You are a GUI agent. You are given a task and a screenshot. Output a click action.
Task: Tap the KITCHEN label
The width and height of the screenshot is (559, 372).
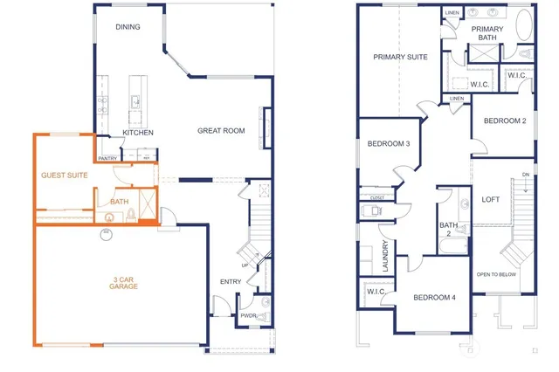tap(138, 132)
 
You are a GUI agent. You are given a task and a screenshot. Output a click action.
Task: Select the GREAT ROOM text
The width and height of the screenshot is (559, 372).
tap(220, 131)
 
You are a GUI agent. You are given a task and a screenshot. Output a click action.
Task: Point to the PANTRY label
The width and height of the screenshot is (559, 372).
tap(107, 158)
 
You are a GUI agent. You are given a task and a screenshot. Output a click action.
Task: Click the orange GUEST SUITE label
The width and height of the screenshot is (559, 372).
tap(64, 176)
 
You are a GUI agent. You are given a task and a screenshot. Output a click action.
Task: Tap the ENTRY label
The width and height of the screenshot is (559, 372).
tap(231, 281)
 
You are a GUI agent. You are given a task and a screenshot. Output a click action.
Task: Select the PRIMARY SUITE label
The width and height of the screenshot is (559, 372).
tap(400, 57)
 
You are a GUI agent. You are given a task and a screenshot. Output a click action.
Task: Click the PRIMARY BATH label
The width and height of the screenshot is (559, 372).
tap(487, 33)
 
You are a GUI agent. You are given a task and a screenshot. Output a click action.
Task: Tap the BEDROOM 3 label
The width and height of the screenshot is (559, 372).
tap(389, 143)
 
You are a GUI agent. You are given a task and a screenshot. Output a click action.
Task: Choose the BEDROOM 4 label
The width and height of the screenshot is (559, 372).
tap(434, 298)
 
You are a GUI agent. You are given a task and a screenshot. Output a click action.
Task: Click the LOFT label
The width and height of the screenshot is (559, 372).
tap(491, 199)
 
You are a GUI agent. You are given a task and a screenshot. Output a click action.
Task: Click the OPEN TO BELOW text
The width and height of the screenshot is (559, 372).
tap(497, 274)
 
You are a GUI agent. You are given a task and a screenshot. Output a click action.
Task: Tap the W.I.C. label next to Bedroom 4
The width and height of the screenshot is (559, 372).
tap(376, 292)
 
